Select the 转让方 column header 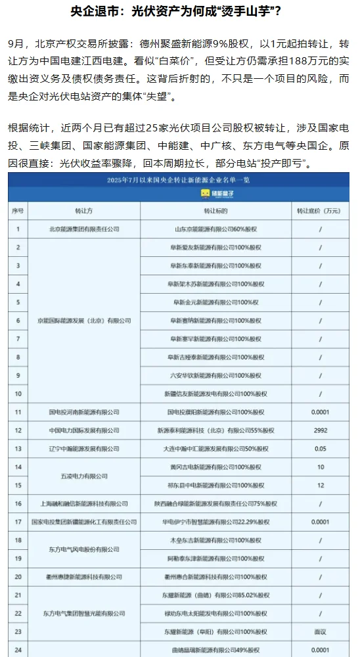[x=84, y=211]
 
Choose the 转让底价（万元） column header [x=320, y=211]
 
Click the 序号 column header [x=18, y=211]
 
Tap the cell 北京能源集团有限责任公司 [x=84, y=229]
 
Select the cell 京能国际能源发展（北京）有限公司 [x=84, y=321]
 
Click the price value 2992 [x=320, y=430]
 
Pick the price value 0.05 [x=320, y=449]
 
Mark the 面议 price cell [x=320, y=631]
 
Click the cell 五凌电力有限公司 [x=84, y=476]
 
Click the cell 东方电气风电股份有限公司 [x=84, y=549]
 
